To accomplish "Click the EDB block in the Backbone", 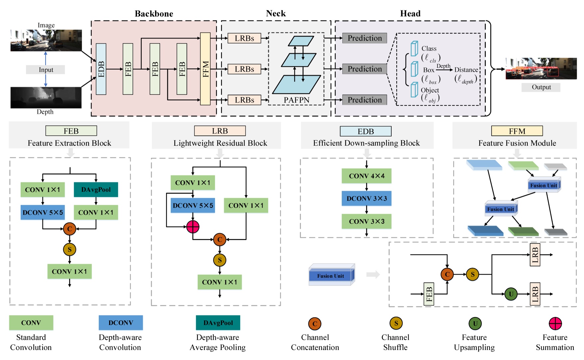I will click(x=101, y=69).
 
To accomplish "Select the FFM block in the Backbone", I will click(x=205, y=69).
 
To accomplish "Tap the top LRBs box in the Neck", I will click(x=244, y=38).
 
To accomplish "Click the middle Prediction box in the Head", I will click(x=364, y=69).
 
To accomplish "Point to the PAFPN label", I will click(x=296, y=100).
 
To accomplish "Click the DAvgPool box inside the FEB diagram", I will click(x=96, y=189).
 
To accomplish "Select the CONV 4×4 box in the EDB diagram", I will click(x=366, y=176).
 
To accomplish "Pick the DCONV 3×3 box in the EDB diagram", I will click(x=366, y=198).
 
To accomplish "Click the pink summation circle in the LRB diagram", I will click(x=193, y=226).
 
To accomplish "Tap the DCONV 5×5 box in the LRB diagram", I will click(x=193, y=205).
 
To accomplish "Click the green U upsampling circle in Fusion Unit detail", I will click(x=511, y=294).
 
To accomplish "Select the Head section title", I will click(x=410, y=14).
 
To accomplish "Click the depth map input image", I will click(x=46, y=98).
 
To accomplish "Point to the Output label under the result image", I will click(x=541, y=87).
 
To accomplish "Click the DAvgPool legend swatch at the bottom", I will click(x=218, y=323).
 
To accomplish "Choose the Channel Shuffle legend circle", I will click(x=396, y=323).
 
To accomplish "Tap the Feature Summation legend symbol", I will click(x=555, y=323).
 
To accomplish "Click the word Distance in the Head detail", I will click(x=466, y=70).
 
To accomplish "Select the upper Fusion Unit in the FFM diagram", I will click(x=544, y=185).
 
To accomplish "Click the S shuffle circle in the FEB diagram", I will click(x=70, y=249).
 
